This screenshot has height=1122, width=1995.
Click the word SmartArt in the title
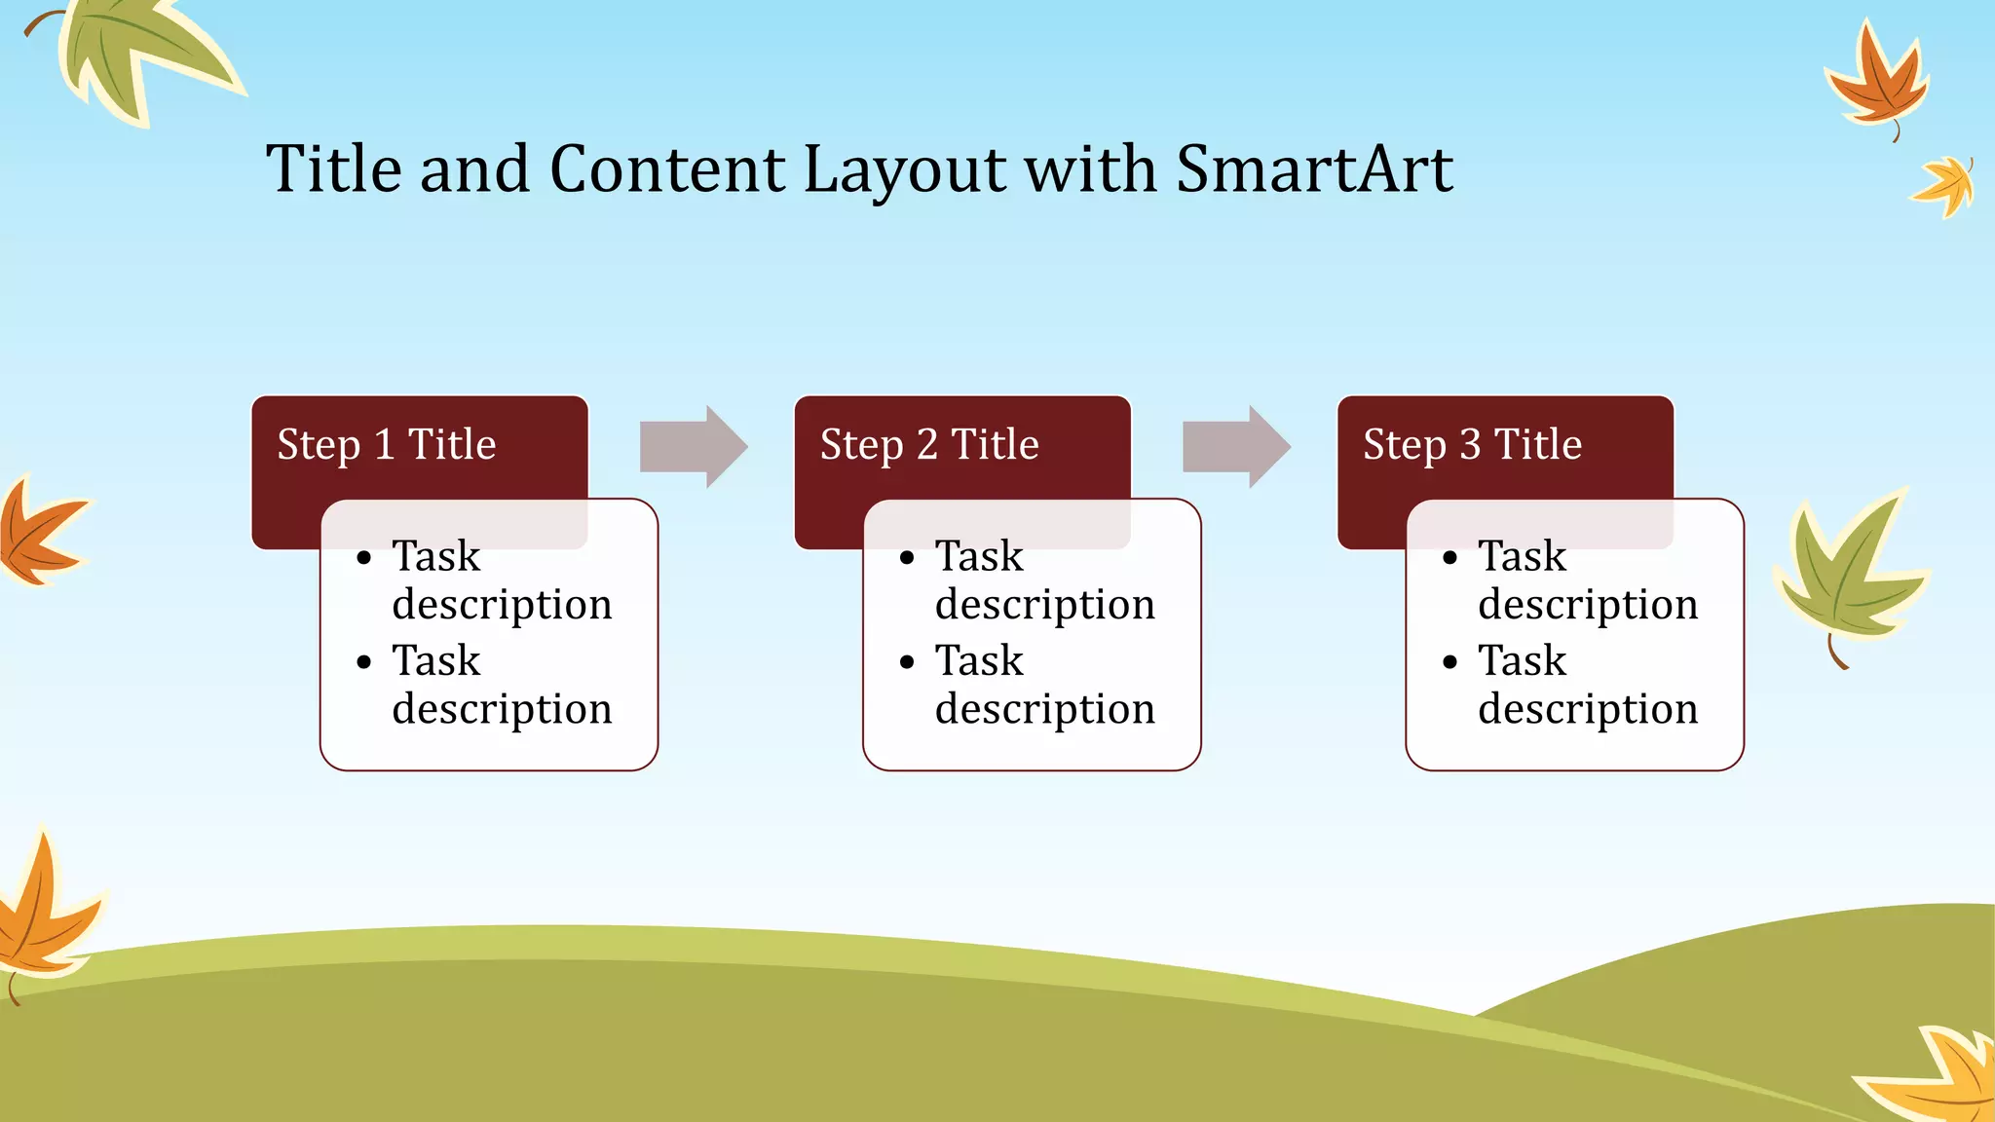[1314, 169]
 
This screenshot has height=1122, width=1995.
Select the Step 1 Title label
[387, 445]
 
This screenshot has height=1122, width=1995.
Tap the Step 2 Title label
[929, 445]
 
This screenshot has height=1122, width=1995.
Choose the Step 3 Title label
[1472, 445]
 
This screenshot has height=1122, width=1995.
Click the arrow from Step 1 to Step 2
[694, 447]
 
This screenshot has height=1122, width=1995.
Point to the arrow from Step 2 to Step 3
[1236, 447]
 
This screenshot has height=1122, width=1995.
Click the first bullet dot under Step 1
[364, 559]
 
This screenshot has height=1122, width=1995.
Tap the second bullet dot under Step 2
[907, 663]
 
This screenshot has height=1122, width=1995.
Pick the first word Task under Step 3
[1522, 557]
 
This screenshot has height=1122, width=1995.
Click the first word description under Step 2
[1044, 606]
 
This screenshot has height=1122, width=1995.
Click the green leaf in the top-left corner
[136, 54]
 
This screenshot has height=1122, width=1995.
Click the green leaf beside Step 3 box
[1846, 575]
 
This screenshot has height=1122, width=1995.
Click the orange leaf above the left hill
[44, 911]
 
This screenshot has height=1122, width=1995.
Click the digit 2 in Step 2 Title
[926, 445]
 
